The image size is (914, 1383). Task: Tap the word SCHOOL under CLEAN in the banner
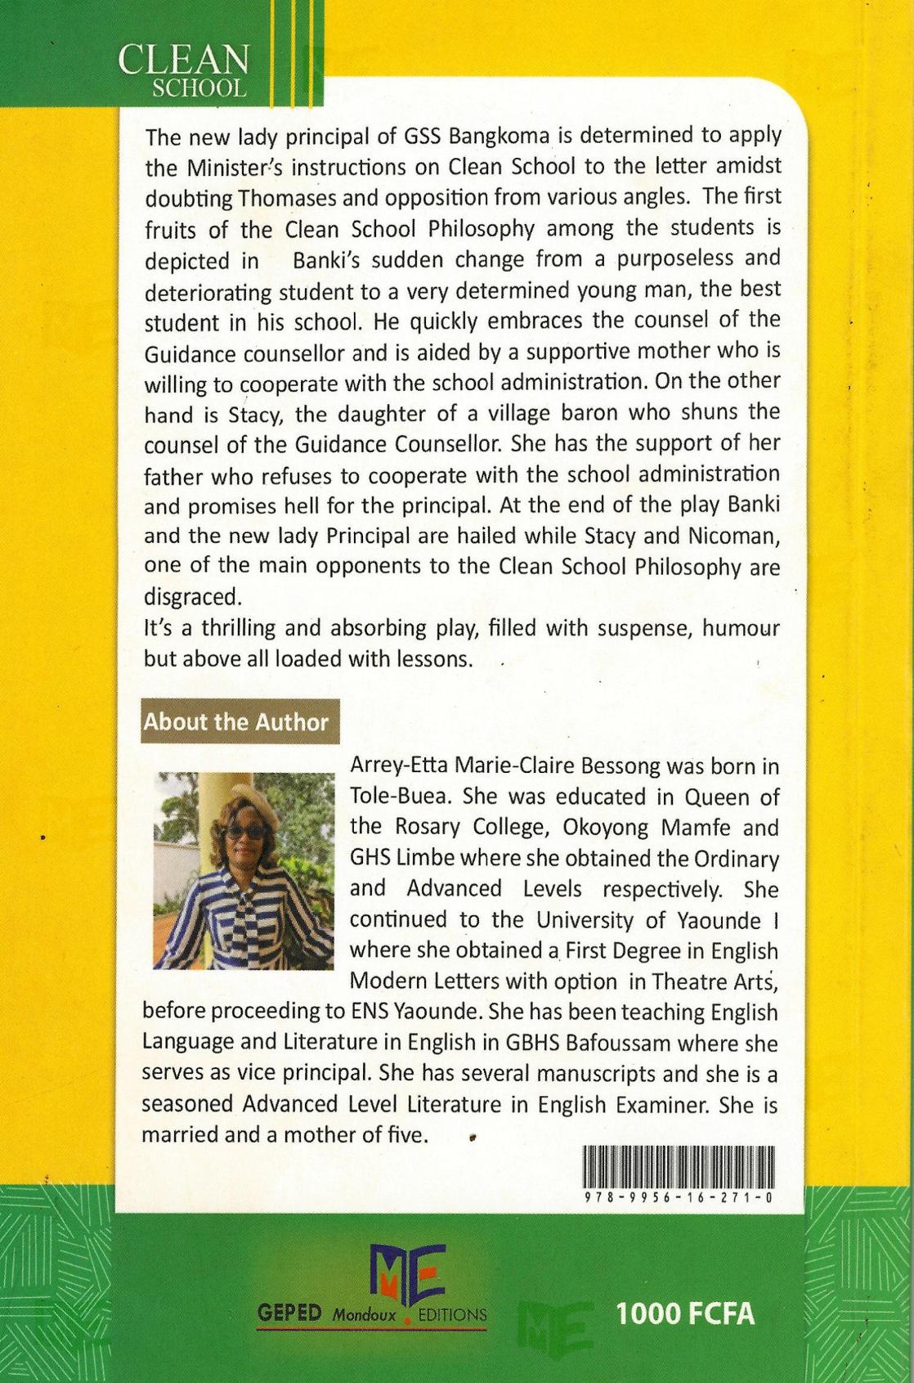point(199,88)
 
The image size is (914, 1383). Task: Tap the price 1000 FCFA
point(685,1313)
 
